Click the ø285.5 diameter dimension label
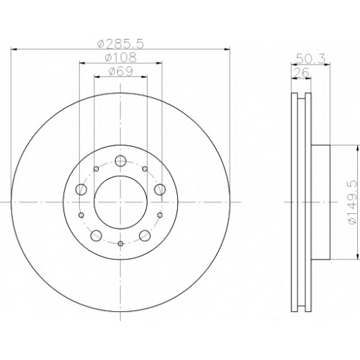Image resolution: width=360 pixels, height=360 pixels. (x=120, y=44)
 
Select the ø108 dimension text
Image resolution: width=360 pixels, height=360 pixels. (x=120, y=58)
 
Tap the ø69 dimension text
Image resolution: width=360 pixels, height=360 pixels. (x=120, y=71)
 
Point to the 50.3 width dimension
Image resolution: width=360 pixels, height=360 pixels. (x=310, y=59)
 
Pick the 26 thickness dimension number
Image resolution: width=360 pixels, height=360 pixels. (x=302, y=73)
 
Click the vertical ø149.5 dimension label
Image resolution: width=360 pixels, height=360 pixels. (x=353, y=202)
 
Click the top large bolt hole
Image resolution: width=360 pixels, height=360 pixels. (x=120, y=161)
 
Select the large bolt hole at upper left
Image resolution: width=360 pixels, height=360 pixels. (x=81, y=189)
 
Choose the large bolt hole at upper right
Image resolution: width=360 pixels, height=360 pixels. (x=160, y=189)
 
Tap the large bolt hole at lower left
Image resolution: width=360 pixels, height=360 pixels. (x=96, y=235)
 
